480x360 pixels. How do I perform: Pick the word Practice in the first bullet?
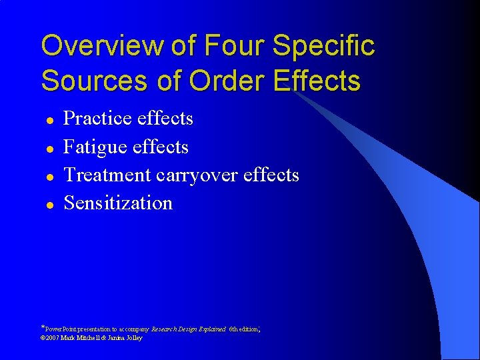point(97,119)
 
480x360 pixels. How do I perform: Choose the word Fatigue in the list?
point(95,147)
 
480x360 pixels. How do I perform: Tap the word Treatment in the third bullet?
point(107,175)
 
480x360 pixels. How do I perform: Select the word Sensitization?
point(118,203)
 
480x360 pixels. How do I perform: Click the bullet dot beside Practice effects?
point(49,120)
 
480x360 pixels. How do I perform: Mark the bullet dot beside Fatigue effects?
point(49,148)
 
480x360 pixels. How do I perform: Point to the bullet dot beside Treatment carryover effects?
point(49,176)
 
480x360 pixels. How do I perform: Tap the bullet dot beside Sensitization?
point(49,204)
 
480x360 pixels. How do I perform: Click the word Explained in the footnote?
point(211,329)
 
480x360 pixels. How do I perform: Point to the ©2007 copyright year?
point(50,338)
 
